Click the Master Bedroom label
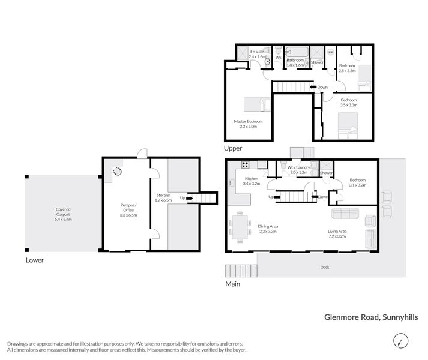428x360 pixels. click(248, 122)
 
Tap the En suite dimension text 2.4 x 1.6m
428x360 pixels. click(256, 56)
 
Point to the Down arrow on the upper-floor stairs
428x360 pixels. click(313, 88)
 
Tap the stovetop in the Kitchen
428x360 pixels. click(246, 164)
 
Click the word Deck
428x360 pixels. click(324, 267)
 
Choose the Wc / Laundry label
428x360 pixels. click(298, 167)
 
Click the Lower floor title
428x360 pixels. click(34, 260)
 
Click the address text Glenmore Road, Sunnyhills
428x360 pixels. click(371, 319)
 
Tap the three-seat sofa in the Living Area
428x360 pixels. click(346, 213)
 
